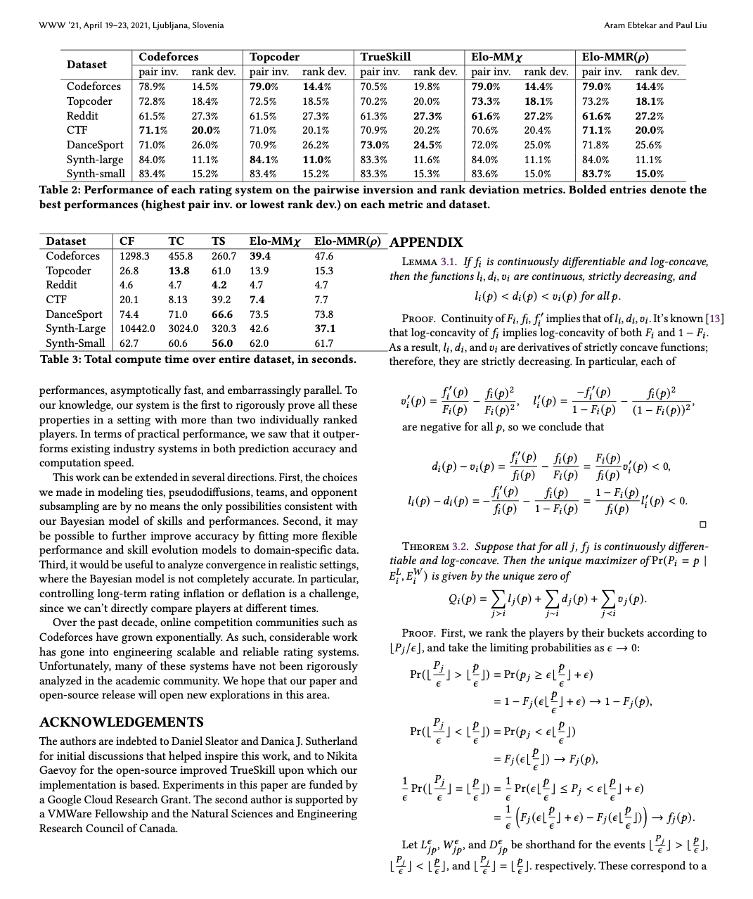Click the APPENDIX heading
tap(426, 243)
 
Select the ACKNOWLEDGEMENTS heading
tap(122, 722)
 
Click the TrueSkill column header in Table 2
tap(385, 57)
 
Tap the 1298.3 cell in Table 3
tap(134, 256)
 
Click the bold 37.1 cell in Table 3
tap(325, 329)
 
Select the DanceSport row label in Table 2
tap(95, 145)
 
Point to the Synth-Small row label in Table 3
tap(75, 343)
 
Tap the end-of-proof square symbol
tap(702, 524)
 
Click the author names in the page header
tap(655, 25)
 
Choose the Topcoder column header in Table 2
tap(274, 57)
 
